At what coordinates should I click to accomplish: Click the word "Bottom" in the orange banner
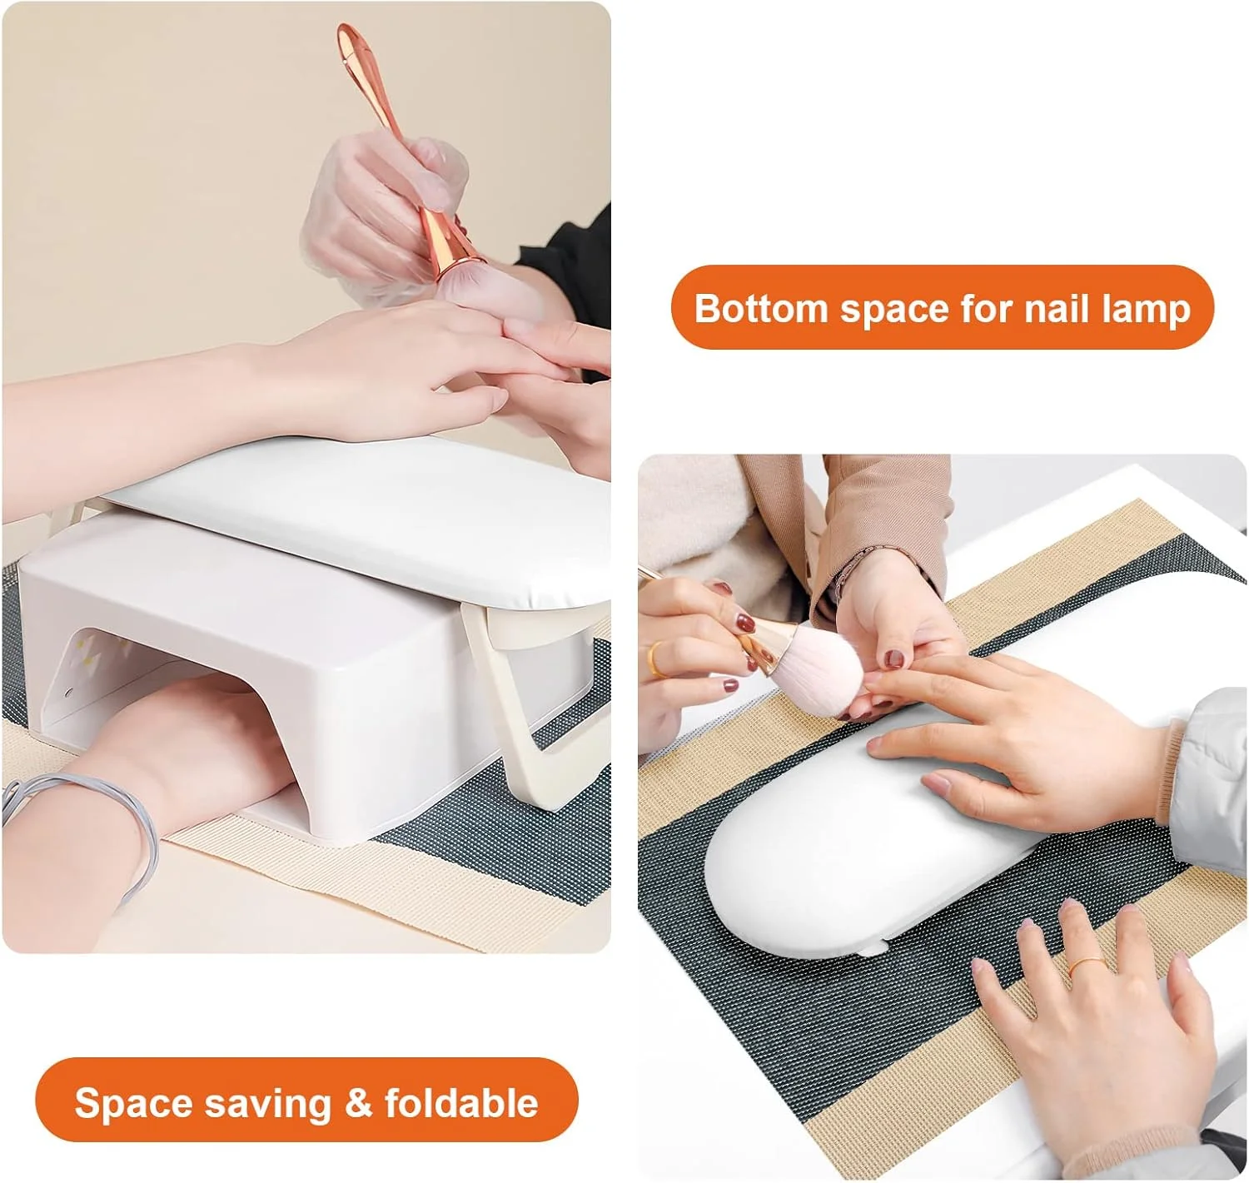[762, 308]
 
